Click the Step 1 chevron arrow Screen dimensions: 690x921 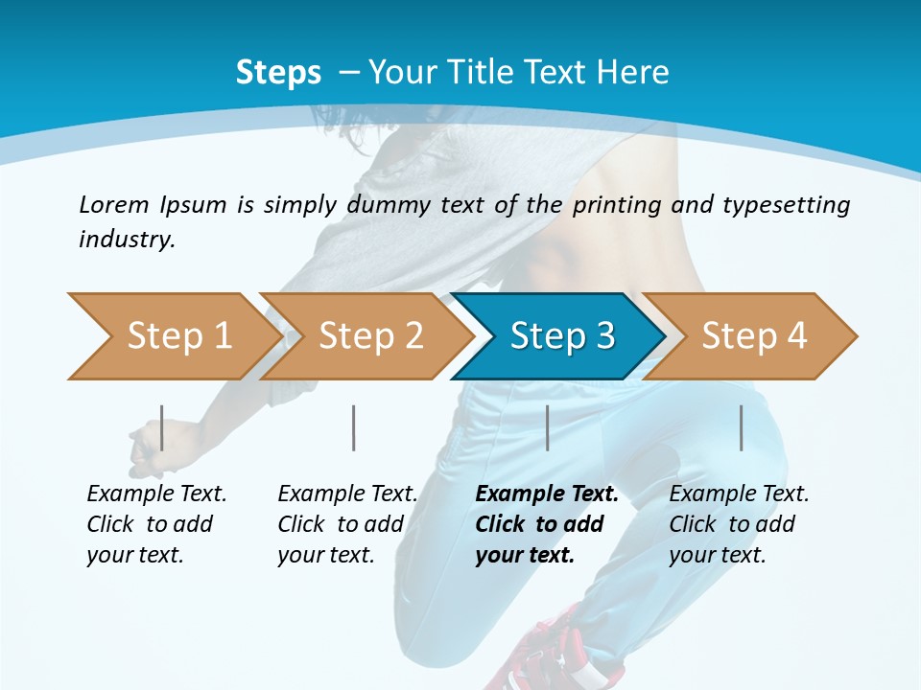(173, 336)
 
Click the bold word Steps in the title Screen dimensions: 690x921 (278, 73)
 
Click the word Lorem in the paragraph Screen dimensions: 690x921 (113, 204)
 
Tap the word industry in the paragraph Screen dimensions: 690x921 (126, 239)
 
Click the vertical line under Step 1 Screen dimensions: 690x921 (162, 427)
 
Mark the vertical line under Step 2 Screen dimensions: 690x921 (354, 427)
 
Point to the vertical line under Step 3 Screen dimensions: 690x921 (547, 427)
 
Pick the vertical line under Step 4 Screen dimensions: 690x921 (741, 427)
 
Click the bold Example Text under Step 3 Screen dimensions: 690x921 (547, 494)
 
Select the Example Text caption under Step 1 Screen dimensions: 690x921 (156, 494)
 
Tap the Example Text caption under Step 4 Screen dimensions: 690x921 (739, 494)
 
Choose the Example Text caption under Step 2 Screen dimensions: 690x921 (347, 494)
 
